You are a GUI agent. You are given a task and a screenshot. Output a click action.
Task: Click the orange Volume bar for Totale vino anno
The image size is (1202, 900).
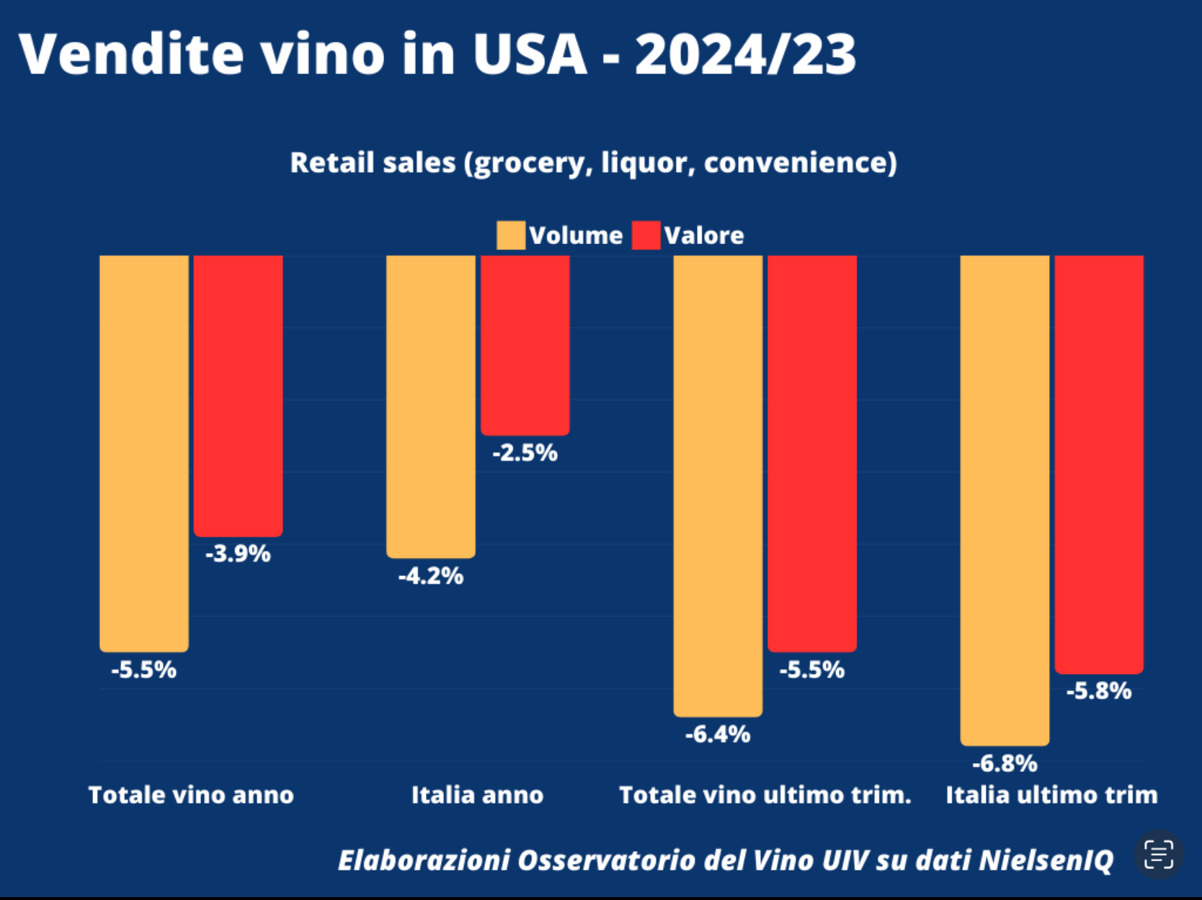[x=144, y=454]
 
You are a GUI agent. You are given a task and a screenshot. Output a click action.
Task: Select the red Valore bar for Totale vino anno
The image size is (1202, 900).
[x=239, y=396]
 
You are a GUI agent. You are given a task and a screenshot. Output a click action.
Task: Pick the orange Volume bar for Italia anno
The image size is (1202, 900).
[x=431, y=407]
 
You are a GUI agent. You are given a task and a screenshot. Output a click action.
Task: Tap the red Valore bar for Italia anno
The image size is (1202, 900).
[x=525, y=346]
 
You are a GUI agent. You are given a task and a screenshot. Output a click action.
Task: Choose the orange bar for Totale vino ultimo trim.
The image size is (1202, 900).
[x=718, y=486]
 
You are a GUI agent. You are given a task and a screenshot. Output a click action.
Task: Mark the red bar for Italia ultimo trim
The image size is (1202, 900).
[x=1099, y=464]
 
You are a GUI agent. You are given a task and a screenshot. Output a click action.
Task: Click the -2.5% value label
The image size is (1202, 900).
[x=525, y=453]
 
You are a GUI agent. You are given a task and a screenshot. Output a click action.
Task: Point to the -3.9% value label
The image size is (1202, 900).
[x=239, y=554]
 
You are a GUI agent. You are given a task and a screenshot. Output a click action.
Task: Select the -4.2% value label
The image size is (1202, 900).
[x=431, y=576]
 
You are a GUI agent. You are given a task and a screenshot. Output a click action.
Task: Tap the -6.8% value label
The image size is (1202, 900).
[x=1005, y=763]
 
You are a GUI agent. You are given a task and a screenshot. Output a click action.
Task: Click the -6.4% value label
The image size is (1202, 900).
[x=718, y=734]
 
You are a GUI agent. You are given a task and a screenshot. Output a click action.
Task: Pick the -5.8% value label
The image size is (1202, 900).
[x=1099, y=691]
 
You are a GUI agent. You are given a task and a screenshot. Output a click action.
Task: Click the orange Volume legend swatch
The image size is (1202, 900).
[x=510, y=235]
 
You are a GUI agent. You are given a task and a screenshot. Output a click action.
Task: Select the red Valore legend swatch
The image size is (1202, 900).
[x=646, y=235]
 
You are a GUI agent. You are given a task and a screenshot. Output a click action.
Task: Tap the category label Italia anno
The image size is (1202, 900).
[x=477, y=795]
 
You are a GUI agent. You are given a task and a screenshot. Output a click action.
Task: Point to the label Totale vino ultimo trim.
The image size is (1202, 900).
[x=765, y=795]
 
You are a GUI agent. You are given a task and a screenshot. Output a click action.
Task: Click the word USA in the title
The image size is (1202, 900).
[x=530, y=54]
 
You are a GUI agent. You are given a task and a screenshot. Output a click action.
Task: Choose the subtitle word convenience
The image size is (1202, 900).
[x=800, y=163]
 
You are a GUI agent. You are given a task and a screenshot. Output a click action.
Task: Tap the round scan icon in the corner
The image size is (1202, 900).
[x=1159, y=855]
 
